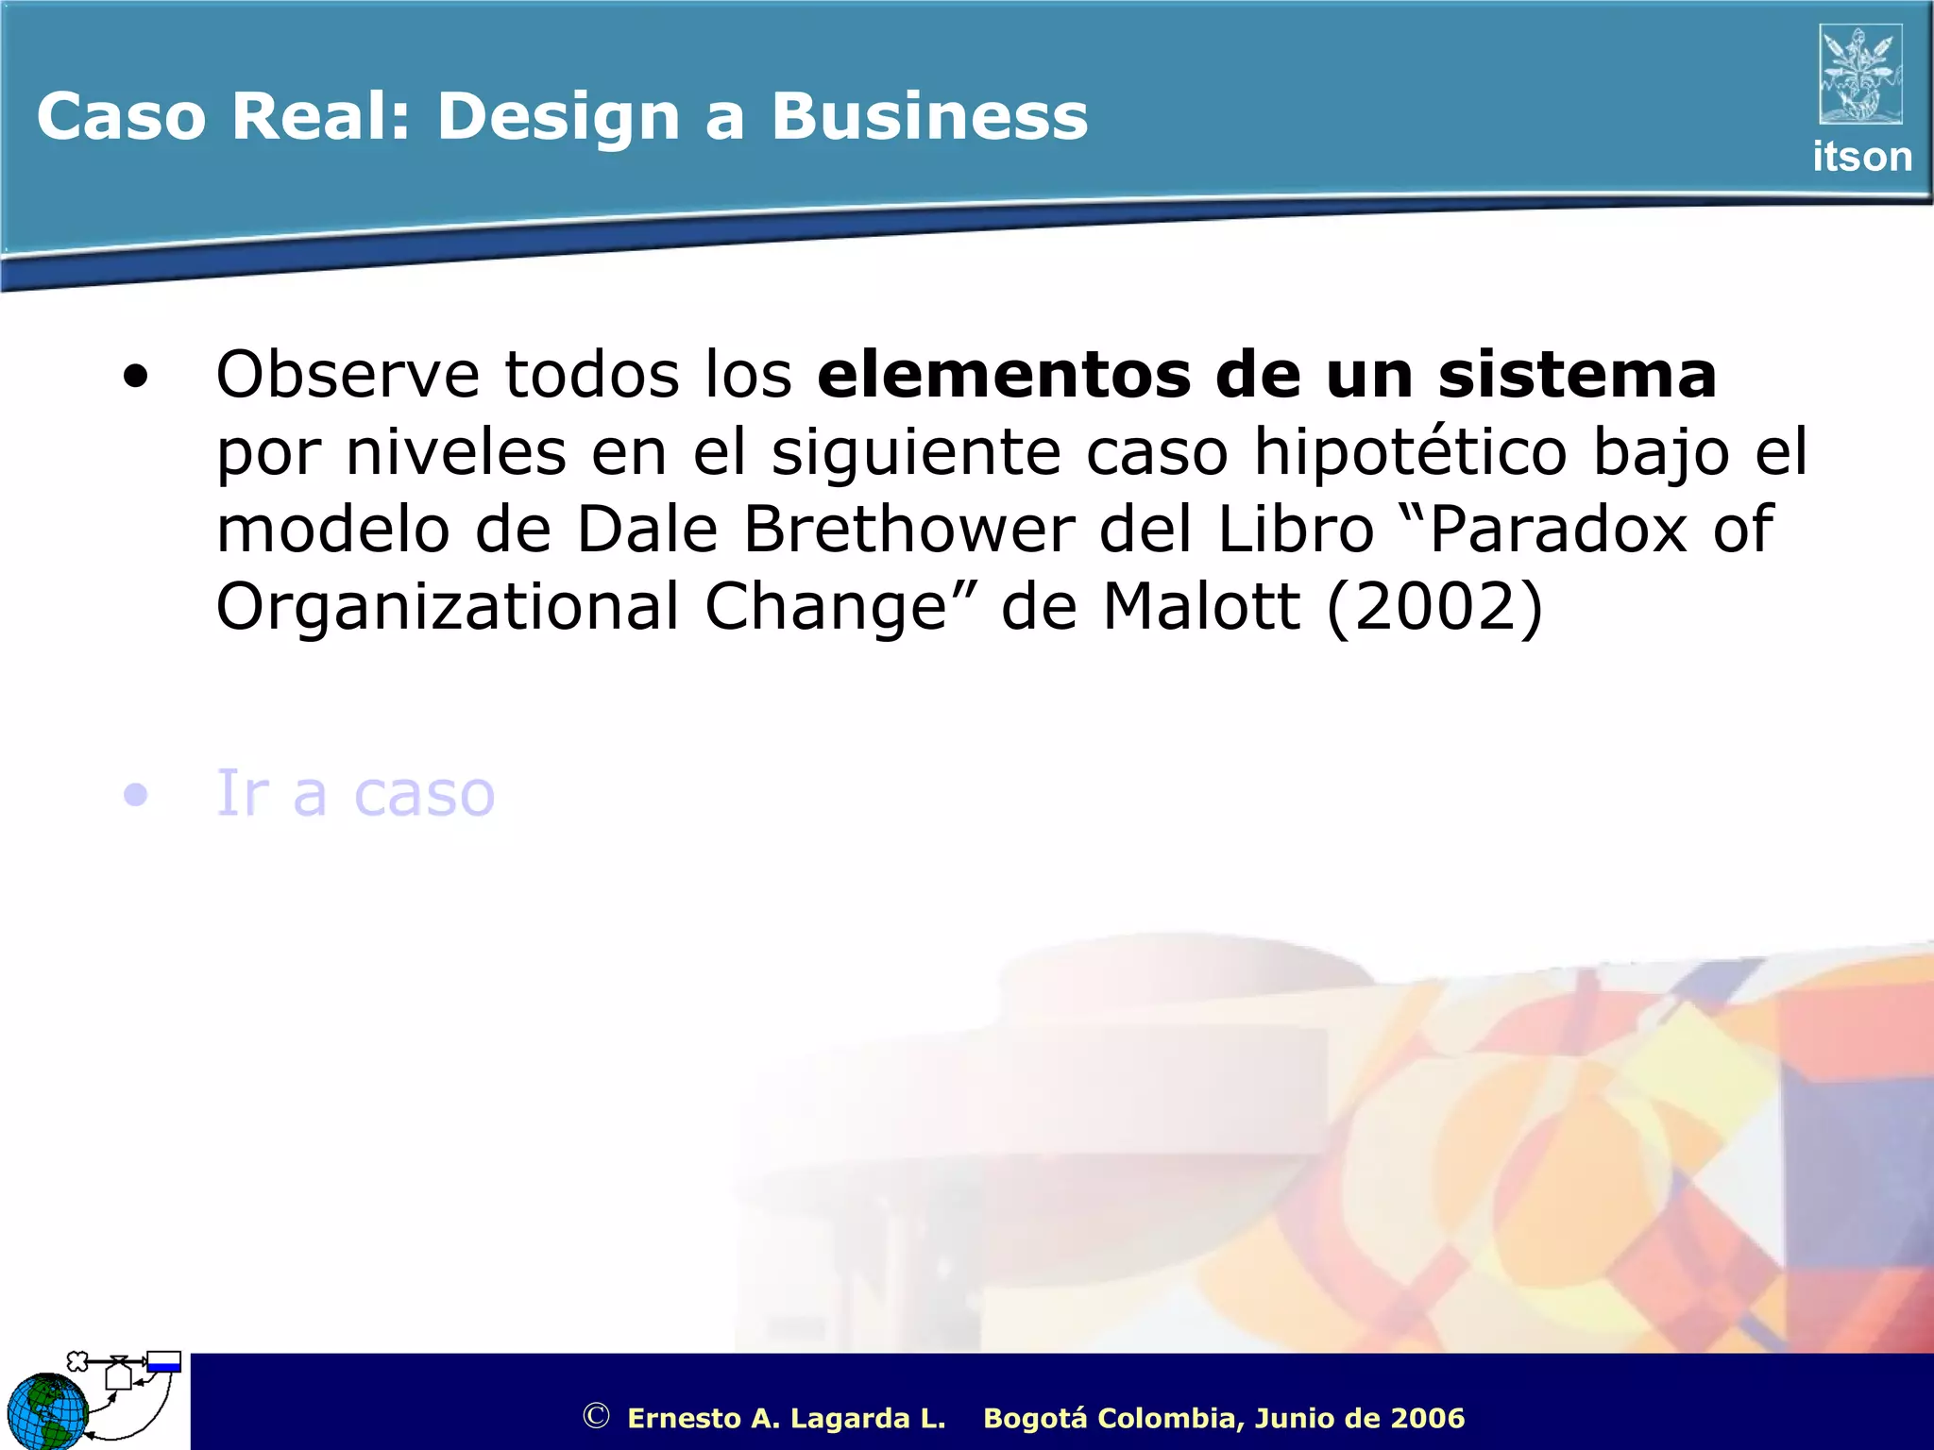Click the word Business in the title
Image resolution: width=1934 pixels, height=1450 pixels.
point(929,117)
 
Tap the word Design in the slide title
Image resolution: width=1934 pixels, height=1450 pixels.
point(558,119)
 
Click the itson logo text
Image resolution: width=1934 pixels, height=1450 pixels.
point(1861,157)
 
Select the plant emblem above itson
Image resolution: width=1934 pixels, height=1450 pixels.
point(1860,75)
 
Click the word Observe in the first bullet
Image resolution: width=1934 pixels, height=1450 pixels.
point(348,375)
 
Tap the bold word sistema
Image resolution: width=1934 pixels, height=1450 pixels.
point(1576,375)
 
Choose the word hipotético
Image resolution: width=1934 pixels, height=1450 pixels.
point(1411,452)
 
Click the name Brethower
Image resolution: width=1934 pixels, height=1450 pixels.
point(908,530)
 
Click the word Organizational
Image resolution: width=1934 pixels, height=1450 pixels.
point(447,607)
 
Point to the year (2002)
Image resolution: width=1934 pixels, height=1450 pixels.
point(1434,607)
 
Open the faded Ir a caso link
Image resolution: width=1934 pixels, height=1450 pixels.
point(355,793)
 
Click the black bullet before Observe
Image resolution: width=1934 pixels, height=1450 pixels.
point(136,378)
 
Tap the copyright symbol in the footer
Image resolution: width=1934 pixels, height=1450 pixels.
point(596,1416)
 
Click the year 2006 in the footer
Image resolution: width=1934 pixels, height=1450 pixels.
point(1428,1418)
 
